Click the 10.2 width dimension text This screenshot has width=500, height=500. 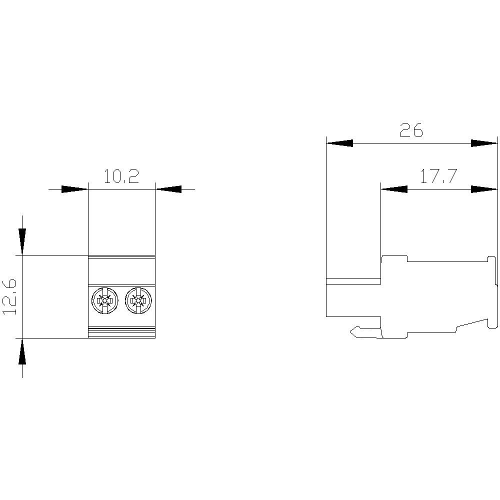coord(121,177)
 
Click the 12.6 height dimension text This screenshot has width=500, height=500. coord(10,297)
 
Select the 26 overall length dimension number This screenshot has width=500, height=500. coord(411,130)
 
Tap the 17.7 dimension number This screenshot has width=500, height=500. coord(438,177)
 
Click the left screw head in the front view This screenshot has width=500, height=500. coord(104,300)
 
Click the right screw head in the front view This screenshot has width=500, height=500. coord(137,300)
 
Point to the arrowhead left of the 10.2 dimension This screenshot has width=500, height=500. coord(74,189)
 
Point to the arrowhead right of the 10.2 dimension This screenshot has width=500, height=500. coord(168,189)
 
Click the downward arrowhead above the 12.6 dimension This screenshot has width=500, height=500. coord(22,241)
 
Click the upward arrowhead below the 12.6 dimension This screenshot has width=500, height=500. coord(22,352)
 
